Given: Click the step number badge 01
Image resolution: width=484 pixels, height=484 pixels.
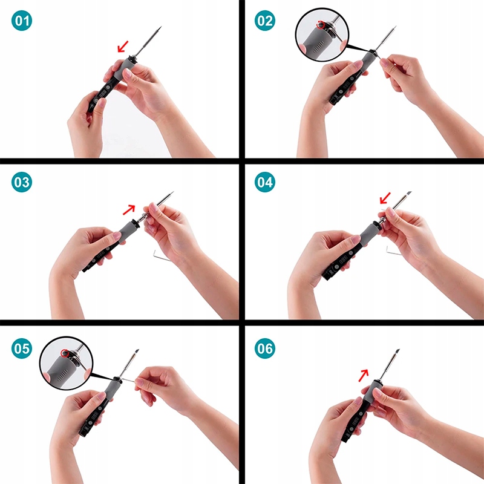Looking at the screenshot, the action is pyautogui.click(x=22, y=21).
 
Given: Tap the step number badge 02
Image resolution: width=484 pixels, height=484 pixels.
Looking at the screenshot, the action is pyautogui.click(x=265, y=21).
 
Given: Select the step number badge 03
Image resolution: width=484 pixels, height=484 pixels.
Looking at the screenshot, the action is pyautogui.click(x=22, y=182).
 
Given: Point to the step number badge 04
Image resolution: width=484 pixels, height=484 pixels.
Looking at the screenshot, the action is pyautogui.click(x=265, y=182).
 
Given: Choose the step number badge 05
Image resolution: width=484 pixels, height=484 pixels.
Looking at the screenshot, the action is pyautogui.click(x=22, y=348).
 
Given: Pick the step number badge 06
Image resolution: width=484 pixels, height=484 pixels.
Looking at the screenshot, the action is pyautogui.click(x=265, y=348).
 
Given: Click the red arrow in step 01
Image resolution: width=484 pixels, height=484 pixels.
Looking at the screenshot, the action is pyautogui.click(x=123, y=47).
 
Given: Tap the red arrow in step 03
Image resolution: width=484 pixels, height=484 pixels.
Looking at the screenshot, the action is pyautogui.click(x=129, y=209).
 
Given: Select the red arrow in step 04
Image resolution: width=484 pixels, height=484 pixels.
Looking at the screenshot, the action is pyautogui.click(x=385, y=198).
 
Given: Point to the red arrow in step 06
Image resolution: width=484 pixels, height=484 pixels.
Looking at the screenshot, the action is pyautogui.click(x=364, y=375).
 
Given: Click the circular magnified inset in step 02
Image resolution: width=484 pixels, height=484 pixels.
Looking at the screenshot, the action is pyautogui.click(x=322, y=34).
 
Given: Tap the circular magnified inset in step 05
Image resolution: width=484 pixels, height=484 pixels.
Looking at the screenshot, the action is pyautogui.click(x=67, y=363).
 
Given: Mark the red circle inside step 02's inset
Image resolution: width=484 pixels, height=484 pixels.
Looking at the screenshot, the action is pyautogui.click(x=321, y=25).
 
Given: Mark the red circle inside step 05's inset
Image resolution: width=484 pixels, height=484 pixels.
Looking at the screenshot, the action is pyautogui.click(x=65, y=353).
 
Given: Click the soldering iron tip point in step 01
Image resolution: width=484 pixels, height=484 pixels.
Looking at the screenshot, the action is pyautogui.click(x=160, y=27).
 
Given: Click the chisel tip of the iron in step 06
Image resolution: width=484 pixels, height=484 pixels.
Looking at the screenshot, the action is pyautogui.click(x=397, y=351).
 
